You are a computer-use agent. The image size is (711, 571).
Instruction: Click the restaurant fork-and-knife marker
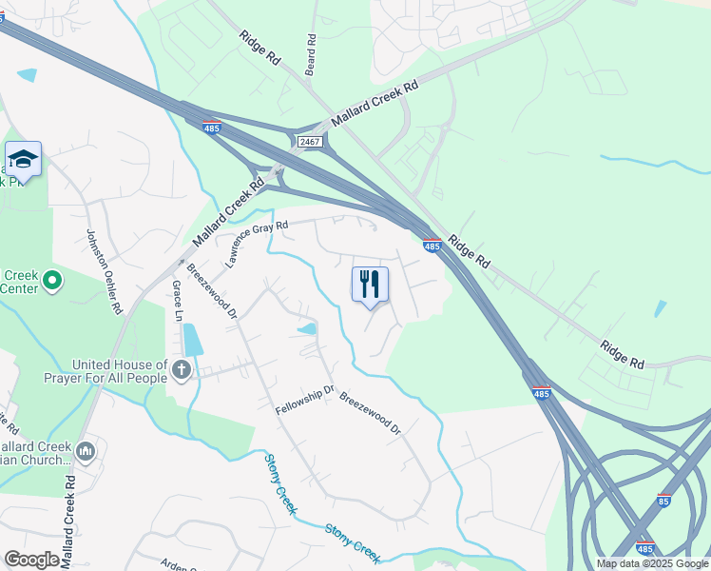click(370, 284)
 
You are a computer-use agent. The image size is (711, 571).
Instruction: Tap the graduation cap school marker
click(23, 159)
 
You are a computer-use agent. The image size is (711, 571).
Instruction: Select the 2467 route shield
click(310, 142)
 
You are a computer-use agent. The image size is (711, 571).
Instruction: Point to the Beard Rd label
click(310, 55)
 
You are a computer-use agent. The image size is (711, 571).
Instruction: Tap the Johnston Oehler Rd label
click(105, 271)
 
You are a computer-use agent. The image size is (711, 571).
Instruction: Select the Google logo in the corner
click(31, 560)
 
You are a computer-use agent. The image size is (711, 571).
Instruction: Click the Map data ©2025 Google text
click(652, 563)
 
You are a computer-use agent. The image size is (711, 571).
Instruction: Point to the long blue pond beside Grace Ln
click(191, 340)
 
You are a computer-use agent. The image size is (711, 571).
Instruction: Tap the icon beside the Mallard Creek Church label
click(86, 451)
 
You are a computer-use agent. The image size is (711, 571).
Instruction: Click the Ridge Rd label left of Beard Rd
click(260, 46)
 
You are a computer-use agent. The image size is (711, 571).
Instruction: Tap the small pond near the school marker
click(27, 75)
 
